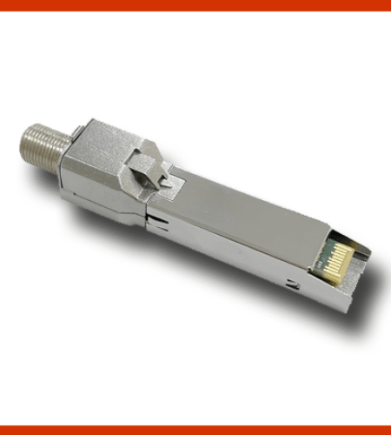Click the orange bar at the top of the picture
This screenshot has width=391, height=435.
coord(195,5)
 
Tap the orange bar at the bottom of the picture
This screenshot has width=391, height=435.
coord(195,430)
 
